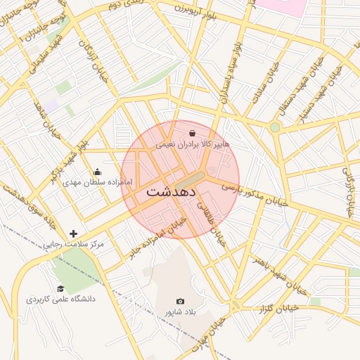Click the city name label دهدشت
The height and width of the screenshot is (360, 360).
coord(172,191)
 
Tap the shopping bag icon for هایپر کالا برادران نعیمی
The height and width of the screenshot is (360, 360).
coord(193,132)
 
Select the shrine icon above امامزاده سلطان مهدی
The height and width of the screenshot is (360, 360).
coord(97,172)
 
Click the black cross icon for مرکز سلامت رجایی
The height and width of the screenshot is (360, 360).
coord(73,233)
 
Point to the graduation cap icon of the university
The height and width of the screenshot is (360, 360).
coord(60,288)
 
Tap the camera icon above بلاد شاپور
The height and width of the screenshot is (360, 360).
coord(180,301)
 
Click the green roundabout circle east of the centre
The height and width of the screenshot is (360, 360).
coord(274,127)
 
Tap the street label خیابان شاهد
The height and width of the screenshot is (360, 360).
coord(44,112)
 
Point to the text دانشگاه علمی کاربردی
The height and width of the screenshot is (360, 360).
coord(60,299)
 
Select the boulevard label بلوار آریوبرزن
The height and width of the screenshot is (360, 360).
coord(193,9)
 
